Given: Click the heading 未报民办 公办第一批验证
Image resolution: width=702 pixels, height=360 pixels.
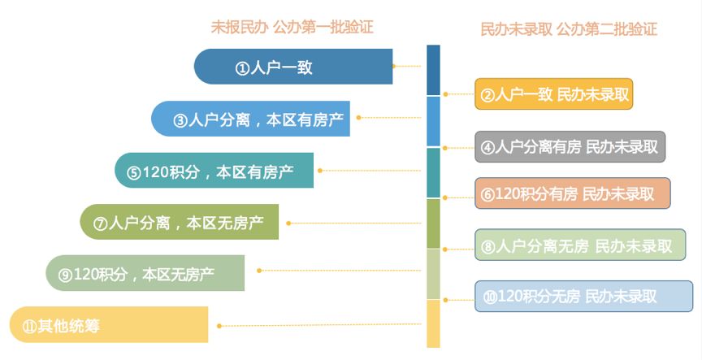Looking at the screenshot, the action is [x=292, y=28].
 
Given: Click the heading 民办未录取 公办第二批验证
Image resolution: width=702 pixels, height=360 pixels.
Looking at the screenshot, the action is [x=569, y=29].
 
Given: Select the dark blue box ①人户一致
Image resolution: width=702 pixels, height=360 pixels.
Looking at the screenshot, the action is [x=293, y=67].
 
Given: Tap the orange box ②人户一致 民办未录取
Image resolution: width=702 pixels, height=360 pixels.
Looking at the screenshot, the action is [x=554, y=94].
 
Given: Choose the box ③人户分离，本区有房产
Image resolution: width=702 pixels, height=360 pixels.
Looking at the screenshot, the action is [x=250, y=119].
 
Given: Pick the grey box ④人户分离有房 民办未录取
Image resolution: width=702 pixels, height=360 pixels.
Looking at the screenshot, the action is [x=570, y=146].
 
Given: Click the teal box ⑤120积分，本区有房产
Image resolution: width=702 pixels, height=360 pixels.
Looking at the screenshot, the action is [x=214, y=170].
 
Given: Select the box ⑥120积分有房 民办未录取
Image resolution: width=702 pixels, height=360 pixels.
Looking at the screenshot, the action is [x=573, y=193].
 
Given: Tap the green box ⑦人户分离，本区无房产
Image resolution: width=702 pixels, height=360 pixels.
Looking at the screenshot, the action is [x=179, y=222].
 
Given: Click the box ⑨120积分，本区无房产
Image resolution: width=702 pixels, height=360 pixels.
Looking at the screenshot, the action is [x=145, y=273].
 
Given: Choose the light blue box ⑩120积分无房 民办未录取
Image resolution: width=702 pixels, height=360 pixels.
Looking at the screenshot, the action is [x=584, y=296].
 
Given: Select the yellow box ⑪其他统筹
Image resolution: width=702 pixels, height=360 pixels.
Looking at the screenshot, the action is [x=109, y=324].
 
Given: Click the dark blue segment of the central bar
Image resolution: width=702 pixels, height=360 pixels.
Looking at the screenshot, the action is [x=433, y=71].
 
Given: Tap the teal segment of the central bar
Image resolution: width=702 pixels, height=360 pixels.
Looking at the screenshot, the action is [x=433, y=173].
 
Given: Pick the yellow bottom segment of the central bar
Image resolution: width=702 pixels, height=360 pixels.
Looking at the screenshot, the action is [x=433, y=323].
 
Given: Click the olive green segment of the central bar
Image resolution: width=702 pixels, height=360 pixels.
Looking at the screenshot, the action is [x=433, y=223].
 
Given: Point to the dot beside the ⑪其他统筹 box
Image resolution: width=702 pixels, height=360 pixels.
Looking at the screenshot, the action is [x=219, y=326].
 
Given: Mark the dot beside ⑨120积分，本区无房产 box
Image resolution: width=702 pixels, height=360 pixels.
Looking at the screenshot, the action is [x=258, y=271].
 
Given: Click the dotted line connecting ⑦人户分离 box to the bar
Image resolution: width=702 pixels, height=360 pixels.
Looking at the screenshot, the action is [x=355, y=223].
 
